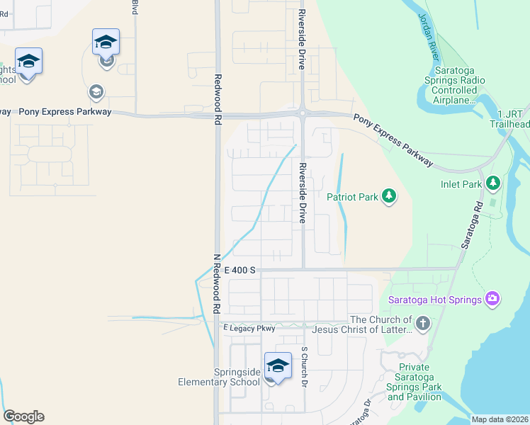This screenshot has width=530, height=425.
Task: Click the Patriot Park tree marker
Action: (x=388, y=196)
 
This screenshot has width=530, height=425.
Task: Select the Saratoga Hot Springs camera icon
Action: (x=492, y=299)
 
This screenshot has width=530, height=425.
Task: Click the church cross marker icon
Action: (x=422, y=324)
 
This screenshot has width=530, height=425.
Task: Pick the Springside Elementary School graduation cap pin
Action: (x=278, y=367)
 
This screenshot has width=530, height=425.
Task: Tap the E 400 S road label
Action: (x=239, y=271)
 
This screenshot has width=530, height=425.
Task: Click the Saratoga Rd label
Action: (x=470, y=223)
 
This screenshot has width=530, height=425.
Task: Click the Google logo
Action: (x=23, y=416)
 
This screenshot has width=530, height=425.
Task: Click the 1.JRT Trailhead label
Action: (x=514, y=119)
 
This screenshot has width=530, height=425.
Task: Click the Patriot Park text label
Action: (x=352, y=197)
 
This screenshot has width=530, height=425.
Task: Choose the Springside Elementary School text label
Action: (x=219, y=377)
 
